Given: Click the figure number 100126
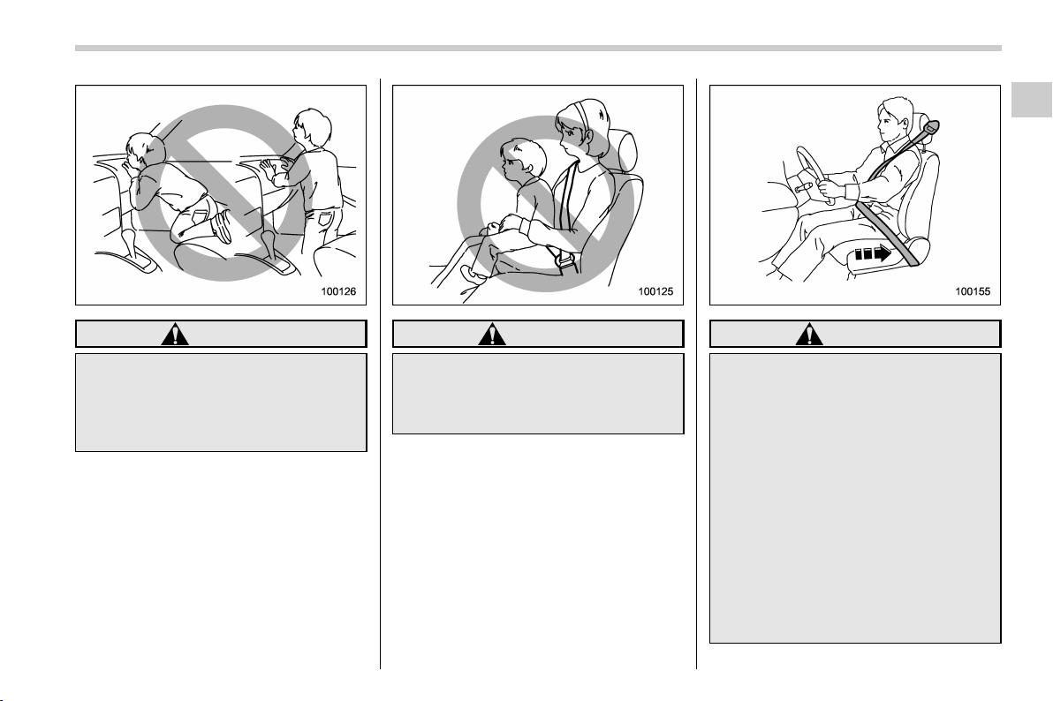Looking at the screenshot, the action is [x=338, y=291].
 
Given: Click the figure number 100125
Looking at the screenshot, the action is [x=655, y=291].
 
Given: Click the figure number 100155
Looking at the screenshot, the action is [x=973, y=291].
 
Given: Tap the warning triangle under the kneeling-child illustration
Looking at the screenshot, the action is [x=175, y=334].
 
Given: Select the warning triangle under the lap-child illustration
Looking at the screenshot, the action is [x=492, y=334].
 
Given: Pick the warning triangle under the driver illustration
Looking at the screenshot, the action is [x=809, y=334].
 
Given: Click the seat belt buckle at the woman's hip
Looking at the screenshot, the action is [x=563, y=260].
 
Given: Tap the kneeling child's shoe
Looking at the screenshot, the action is [x=222, y=227].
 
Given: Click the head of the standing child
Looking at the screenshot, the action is [x=312, y=129].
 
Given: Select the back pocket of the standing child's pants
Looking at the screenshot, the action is [x=325, y=220].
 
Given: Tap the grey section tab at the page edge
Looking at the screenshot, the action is [x=1032, y=100].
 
